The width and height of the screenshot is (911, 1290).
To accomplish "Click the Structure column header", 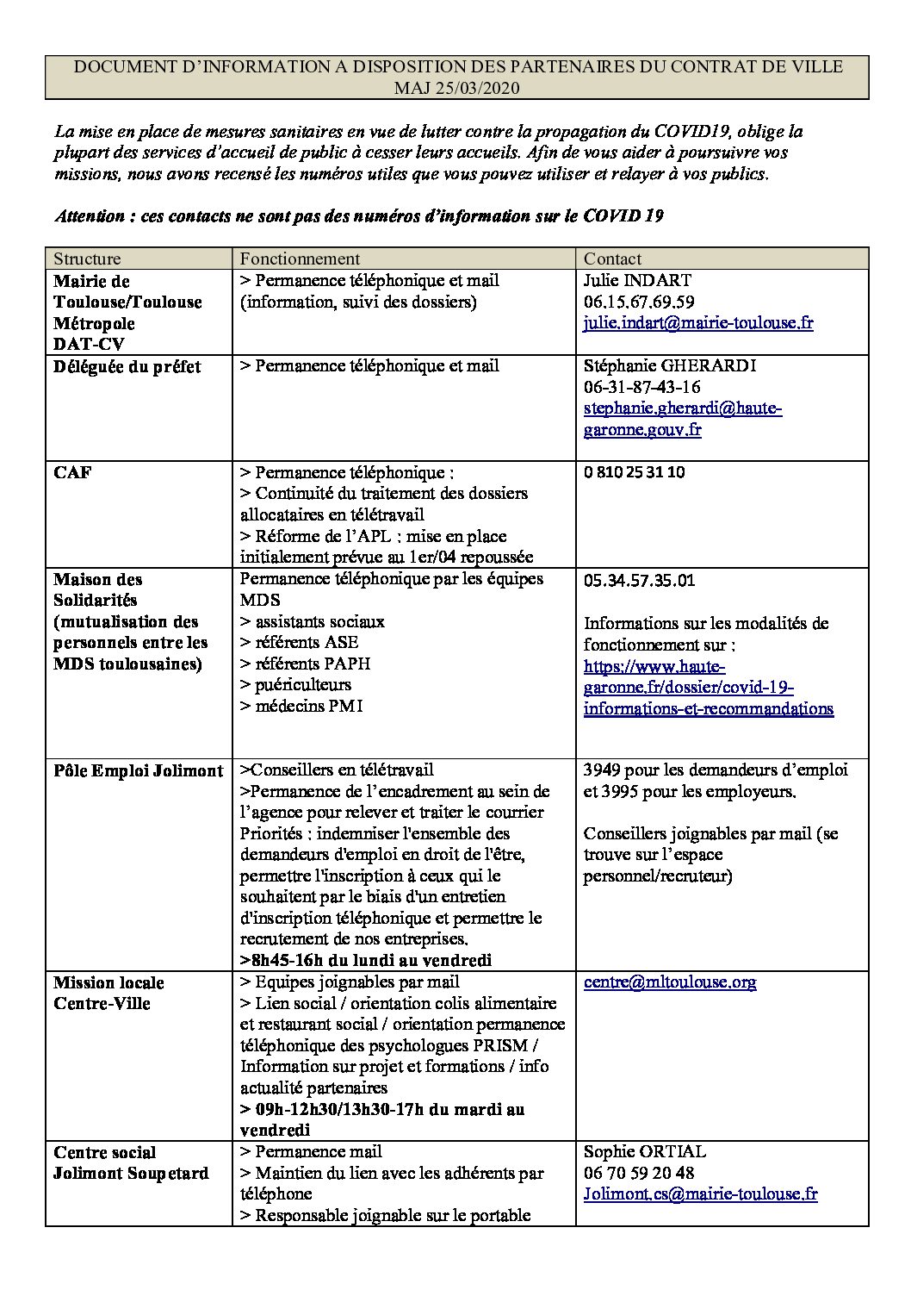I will coord(87,259).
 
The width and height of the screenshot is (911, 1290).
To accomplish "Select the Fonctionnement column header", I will coord(300,259).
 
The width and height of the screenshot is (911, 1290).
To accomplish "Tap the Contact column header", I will coord(612,259).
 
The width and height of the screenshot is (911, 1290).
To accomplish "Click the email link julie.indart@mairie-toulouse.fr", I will coord(698,323).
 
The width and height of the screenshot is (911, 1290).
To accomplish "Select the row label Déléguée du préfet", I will coord(127,366).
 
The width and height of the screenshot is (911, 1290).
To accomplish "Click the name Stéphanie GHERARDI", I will coord(670,365).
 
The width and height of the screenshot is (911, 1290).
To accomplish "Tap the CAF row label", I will coord(72,472).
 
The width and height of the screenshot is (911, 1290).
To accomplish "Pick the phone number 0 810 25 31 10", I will coord(635,472).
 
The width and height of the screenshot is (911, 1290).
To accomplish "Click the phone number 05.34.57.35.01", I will coord(639,580).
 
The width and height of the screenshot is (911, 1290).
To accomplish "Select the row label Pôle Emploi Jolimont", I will coord(138,770).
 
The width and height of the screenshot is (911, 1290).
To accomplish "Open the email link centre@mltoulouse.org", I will coord(670,982).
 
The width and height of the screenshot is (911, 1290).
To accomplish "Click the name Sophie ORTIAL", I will coord(645,1151).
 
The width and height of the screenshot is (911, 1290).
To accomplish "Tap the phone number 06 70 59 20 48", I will coord(639,1173).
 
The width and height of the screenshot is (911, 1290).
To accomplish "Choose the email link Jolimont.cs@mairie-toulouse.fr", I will coord(700,1194).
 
